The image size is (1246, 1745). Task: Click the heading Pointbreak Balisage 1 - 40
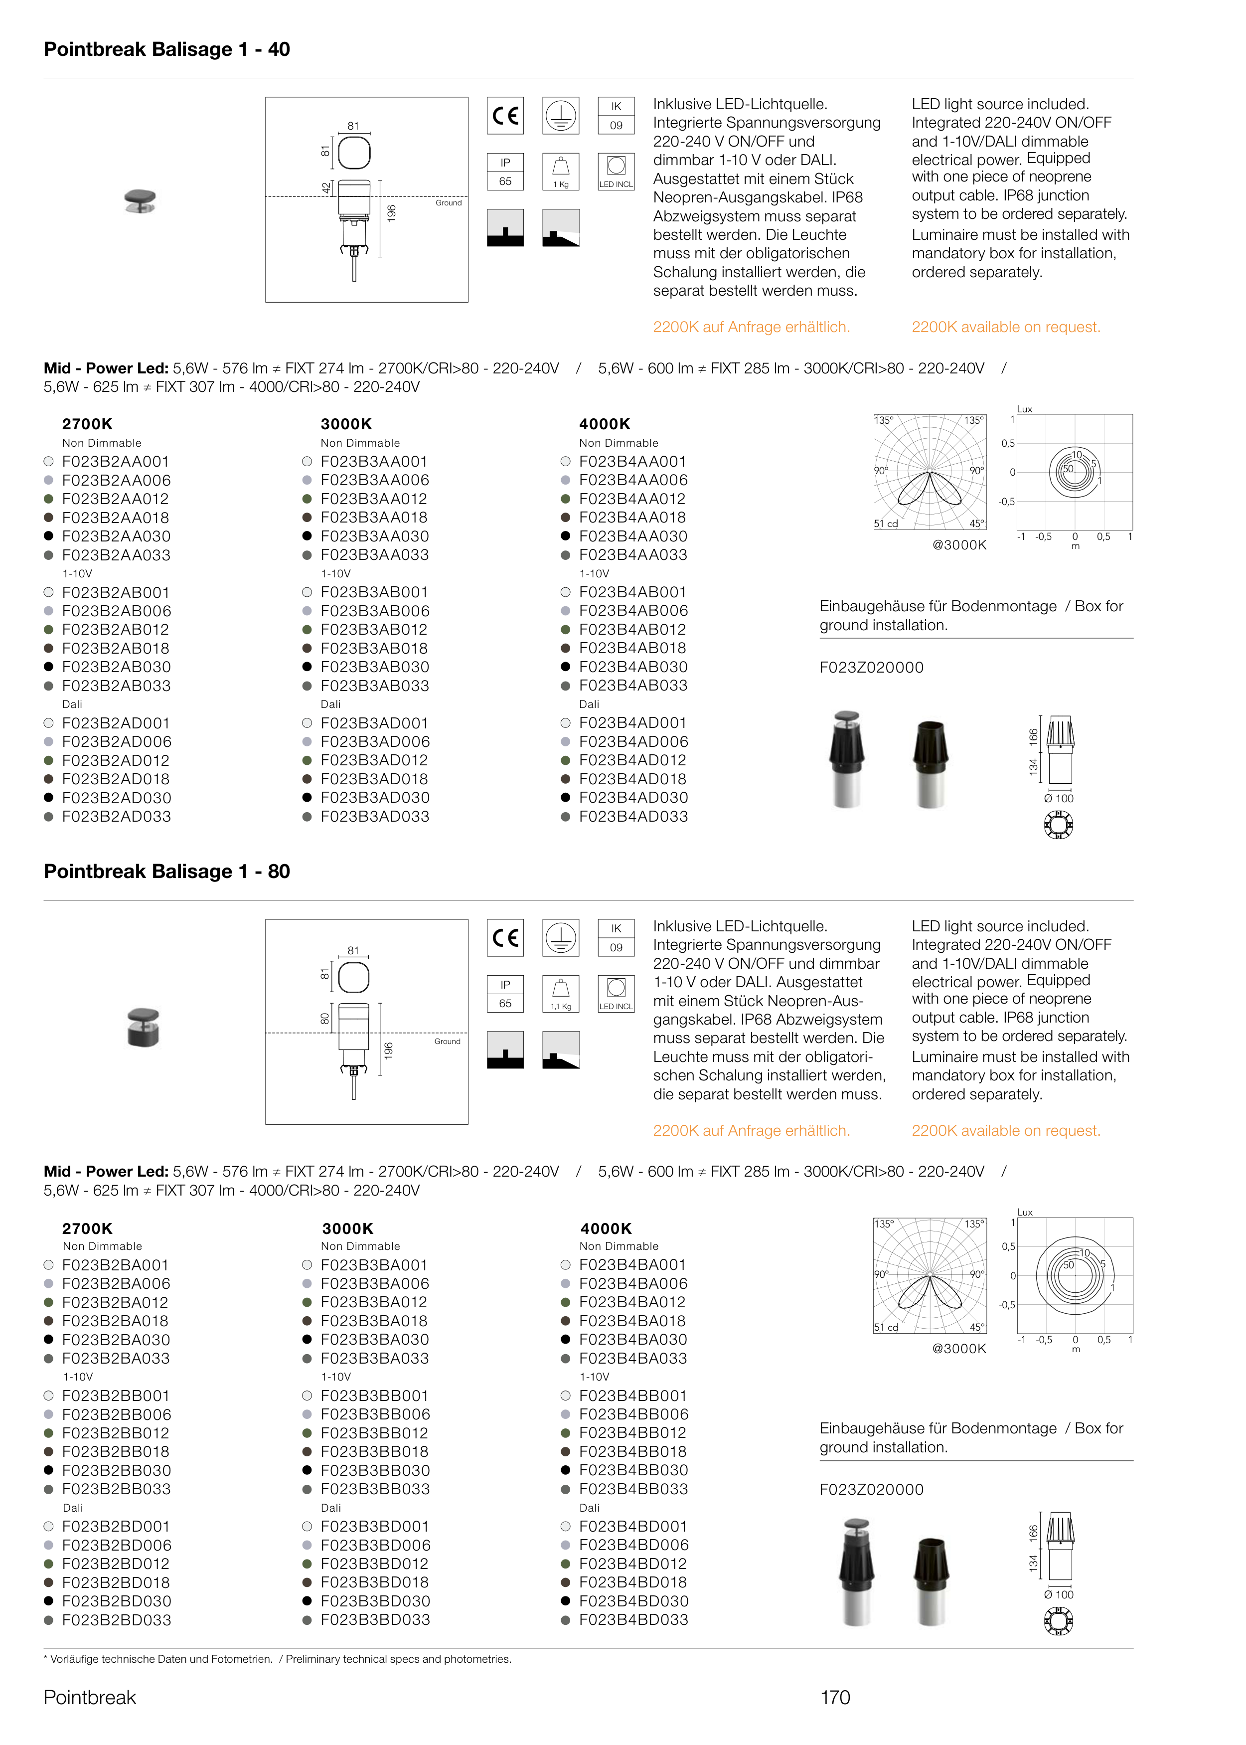click(x=166, y=49)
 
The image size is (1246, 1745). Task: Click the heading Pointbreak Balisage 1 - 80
click(x=166, y=871)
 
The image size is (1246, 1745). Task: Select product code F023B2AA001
click(x=115, y=461)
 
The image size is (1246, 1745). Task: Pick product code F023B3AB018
click(x=374, y=649)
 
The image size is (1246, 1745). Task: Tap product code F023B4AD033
click(x=633, y=817)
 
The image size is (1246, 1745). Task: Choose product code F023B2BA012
click(x=115, y=1302)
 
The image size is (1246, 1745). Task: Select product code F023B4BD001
click(x=633, y=1526)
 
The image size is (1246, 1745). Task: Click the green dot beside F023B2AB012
click(x=48, y=629)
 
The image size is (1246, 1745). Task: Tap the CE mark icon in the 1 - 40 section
click(x=505, y=116)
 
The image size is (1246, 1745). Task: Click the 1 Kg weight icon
click(x=561, y=171)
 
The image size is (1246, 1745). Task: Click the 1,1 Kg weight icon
click(x=561, y=993)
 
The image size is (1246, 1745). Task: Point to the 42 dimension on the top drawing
click(x=325, y=187)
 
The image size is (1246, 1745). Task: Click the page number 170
click(x=835, y=1697)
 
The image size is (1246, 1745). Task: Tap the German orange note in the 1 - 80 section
click(x=751, y=1130)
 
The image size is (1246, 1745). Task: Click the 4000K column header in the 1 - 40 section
click(x=605, y=424)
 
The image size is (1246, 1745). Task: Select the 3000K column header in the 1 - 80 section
click(x=347, y=1228)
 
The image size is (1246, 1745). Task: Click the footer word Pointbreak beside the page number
click(x=90, y=1697)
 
